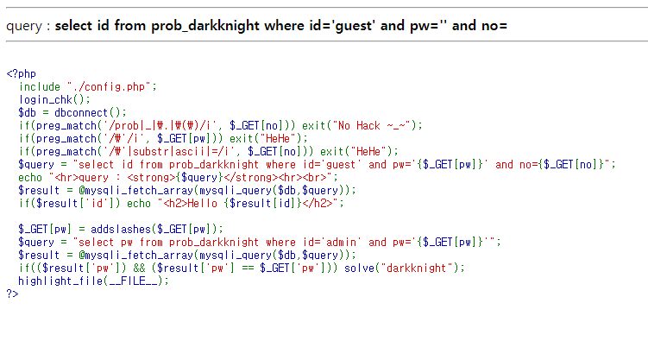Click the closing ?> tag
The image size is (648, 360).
coord(12,294)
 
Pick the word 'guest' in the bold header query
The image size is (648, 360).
coord(351,26)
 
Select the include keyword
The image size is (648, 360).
coord(40,86)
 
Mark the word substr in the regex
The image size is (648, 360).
coord(148,150)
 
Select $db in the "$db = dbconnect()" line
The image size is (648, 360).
coord(28,112)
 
